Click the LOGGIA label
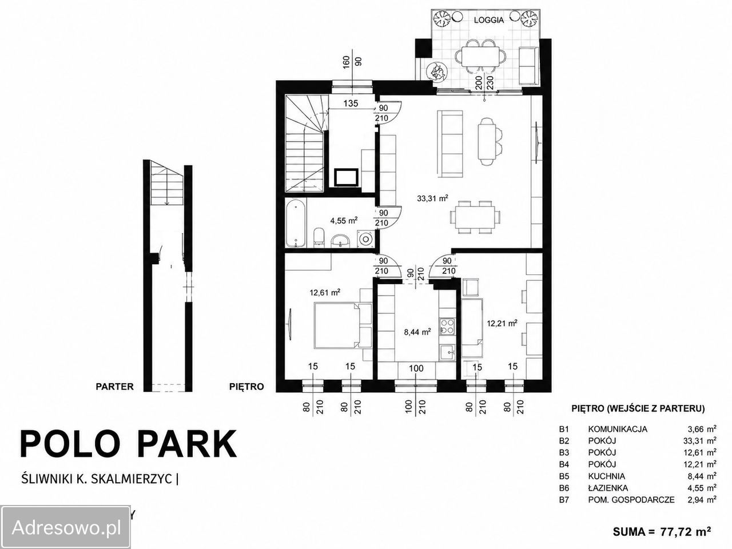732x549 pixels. pyautogui.click(x=489, y=20)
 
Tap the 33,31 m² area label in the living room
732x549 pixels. pyautogui.click(x=432, y=198)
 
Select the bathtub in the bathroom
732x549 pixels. pyautogui.click(x=296, y=224)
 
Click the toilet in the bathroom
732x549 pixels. pyautogui.click(x=319, y=238)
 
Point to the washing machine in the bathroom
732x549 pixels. pyautogui.click(x=365, y=238)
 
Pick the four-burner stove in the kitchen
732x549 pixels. pyautogui.click(x=447, y=327)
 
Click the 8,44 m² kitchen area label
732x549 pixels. pyautogui.click(x=417, y=332)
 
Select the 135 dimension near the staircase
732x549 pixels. pyautogui.click(x=351, y=104)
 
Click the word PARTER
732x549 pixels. pyautogui.click(x=114, y=387)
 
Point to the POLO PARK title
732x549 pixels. pyautogui.click(x=129, y=444)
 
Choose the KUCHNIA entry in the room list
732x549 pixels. pyautogui.click(x=607, y=476)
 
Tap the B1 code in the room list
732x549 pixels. pyautogui.click(x=564, y=429)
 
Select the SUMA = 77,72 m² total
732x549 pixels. pyautogui.click(x=662, y=532)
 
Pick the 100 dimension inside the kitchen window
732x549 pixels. pyautogui.click(x=416, y=368)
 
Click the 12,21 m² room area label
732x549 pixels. pyautogui.click(x=502, y=323)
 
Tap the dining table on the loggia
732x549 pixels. pyautogui.click(x=480, y=57)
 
